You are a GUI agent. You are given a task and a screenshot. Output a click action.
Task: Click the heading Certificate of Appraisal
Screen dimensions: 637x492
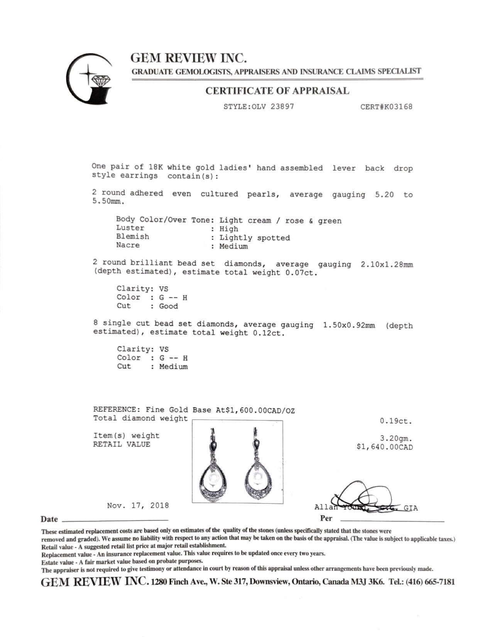point(277,91)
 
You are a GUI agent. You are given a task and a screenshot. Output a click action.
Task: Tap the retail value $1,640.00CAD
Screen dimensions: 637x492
point(385,447)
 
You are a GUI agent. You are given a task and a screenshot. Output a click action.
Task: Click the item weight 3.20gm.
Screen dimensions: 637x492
point(396,439)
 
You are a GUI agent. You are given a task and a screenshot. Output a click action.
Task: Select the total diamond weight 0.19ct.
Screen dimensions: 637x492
point(396,421)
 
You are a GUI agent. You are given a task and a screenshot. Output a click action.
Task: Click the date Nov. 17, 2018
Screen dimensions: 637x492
point(138,505)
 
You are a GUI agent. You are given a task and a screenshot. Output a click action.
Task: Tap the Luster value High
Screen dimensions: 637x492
point(229,229)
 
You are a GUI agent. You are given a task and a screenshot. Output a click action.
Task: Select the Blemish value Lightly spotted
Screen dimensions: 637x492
point(255,238)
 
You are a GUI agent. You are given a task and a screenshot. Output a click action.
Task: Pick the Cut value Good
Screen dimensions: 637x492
point(169,306)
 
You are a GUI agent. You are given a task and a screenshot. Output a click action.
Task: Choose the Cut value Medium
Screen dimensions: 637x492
point(173,367)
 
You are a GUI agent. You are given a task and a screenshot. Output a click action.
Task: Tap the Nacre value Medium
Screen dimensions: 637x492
point(233,246)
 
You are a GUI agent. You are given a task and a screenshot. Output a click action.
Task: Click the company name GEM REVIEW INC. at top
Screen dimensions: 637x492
point(188,58)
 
